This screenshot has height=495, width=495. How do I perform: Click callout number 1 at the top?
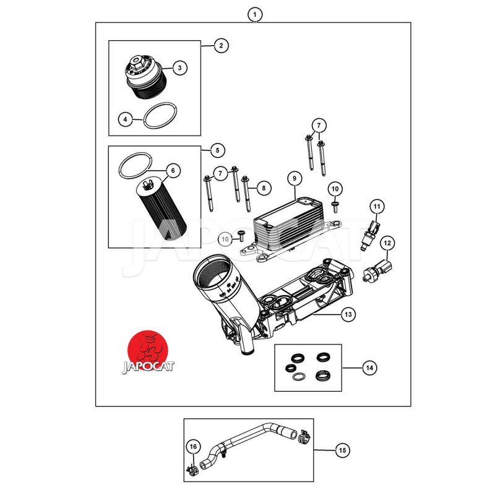[255, 14]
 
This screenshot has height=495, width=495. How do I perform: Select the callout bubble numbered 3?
[179, 68]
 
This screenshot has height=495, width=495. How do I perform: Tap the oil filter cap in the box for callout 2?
[144, 79]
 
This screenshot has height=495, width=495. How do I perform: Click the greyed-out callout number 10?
[225, 238]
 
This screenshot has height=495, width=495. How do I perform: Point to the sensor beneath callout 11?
[373, 228]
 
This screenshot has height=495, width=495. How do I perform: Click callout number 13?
[348, 315]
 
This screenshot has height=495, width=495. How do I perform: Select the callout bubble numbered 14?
[369, 368]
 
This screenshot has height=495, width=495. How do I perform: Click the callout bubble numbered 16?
[192, 446]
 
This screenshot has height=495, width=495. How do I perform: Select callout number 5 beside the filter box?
[218, 150]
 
